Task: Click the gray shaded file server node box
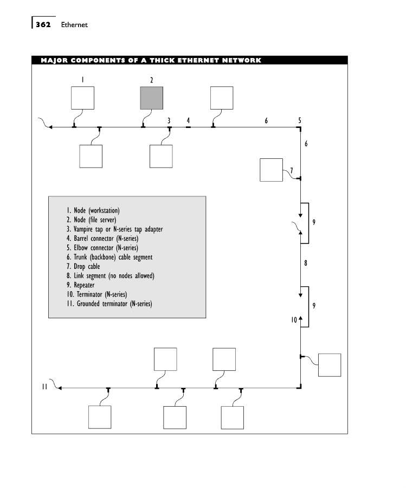(x=152, y=98)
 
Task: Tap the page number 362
(x=43, y=24)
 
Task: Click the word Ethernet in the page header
(x=74, y=24)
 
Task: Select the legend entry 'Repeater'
(x=80, y=285)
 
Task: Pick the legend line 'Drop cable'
(x=83, y=266)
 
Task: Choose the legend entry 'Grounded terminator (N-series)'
(x=109, y=304)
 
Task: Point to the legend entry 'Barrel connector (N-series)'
(x=102, y=239)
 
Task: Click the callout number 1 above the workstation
(x=82, y=80)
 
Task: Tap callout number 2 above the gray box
(x=152, y=80)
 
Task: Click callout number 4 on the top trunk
(x=188, y=120)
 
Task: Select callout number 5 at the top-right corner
(x=300, y=120)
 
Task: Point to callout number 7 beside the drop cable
(x=292, y=170)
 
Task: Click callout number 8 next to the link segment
(x=306, y=263)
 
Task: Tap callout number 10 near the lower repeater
(x=294, y=320)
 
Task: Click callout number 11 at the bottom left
(x=44, y=387)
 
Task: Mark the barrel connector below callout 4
(x=188, y=127)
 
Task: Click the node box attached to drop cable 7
(x=271, y=170)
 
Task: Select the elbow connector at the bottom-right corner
(x=299, y=387)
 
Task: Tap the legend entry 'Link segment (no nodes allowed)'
(x=110, y=276)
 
